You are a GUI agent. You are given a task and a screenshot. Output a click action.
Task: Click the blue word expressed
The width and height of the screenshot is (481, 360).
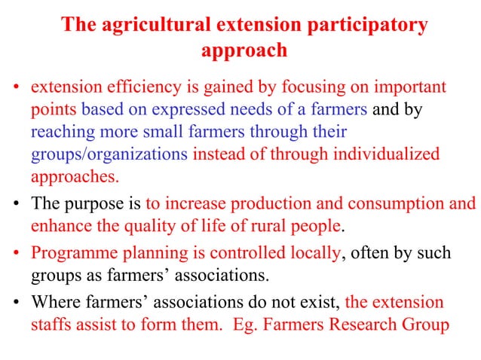click(x=183, y=110)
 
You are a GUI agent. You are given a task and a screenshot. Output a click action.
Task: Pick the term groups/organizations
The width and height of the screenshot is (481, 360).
click(x=109, y=155)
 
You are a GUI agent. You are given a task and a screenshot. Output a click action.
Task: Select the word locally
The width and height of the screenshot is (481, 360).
click(x=311, y=253)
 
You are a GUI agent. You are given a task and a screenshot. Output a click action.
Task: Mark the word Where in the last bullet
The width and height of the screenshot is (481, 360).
click(x=53, y=302)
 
